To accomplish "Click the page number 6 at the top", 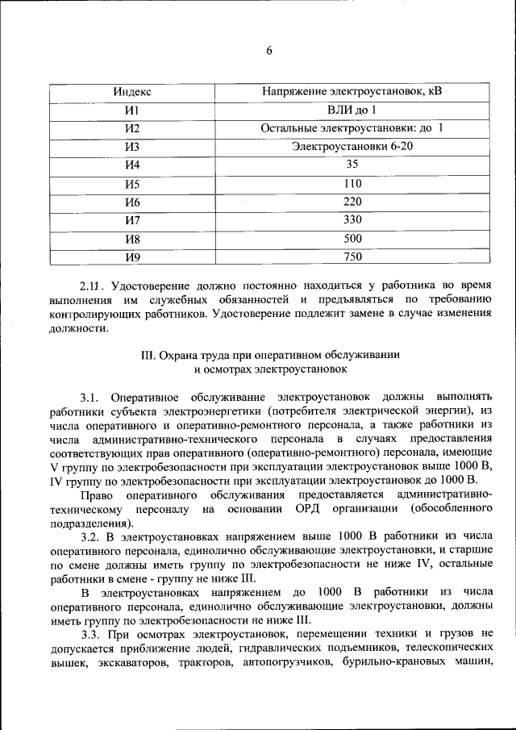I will [269, 51].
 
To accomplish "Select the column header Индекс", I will [133, 92].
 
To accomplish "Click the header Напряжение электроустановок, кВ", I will [352, 92].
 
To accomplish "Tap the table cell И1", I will [133, 110].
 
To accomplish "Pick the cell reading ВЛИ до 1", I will [352, 110].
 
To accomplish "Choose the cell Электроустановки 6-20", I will [352, 147].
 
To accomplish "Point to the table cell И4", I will [133, 165].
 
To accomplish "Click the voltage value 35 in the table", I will [352, 165].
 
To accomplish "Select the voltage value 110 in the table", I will [352, 183].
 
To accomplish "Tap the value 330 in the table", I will [352, 219].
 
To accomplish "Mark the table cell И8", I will [133, 239].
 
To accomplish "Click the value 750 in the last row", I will [352, 257].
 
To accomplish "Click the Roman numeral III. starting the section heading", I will [148, 355].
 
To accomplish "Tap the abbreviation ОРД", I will [326, 508].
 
